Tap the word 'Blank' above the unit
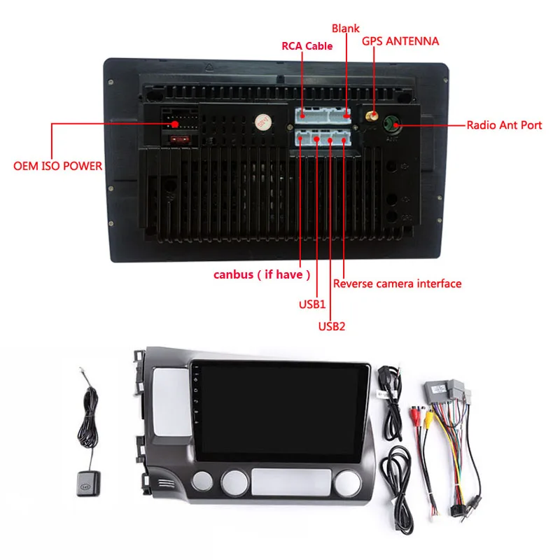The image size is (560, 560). (x=345, y=29)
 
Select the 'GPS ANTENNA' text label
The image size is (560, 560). (x=400, y=41)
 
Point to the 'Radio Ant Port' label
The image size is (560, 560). (x=504, y=125)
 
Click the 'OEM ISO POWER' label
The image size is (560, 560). (x=58, y=167)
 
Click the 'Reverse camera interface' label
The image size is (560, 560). (x=397, y=283)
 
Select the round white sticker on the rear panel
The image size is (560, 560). (x=263, y=122)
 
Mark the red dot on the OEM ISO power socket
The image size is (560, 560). (x=174, y=125)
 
